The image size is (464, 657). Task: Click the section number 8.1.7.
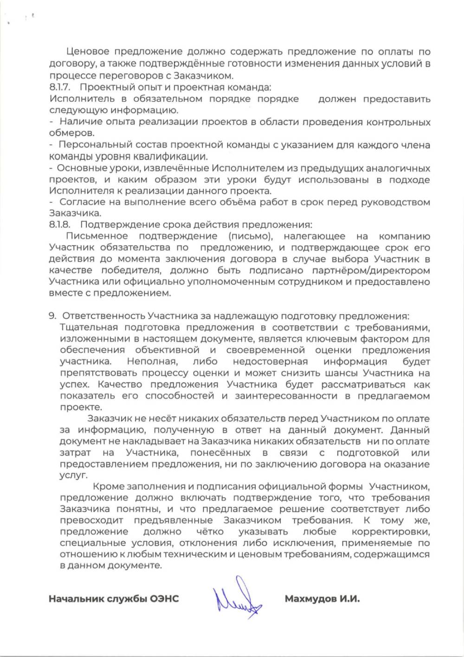[x=59, y=87]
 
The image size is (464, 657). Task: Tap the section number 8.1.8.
[x=59, y=225]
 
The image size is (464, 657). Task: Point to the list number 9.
[x=52, y=316]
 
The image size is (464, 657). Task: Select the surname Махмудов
[x=309, y=599]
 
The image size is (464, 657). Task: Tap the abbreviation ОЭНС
[x=164, y=599]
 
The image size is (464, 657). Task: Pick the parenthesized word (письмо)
[x=250, y=236]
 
